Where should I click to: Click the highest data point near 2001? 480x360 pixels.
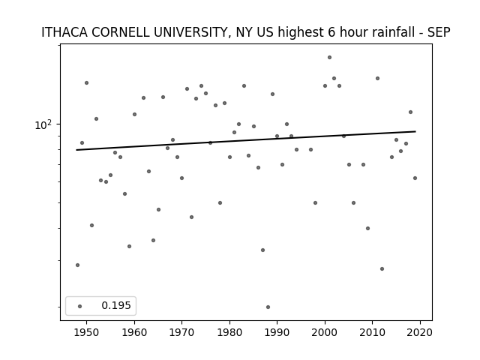pos(329,57)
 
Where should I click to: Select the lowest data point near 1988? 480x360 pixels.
pos(268,307)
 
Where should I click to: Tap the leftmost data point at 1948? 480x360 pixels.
pos(77,265)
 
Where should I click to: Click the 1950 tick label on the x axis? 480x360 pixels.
pos(87,332)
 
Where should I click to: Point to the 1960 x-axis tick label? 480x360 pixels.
pos(134,332)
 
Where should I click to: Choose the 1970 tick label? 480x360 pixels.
pos(181,332)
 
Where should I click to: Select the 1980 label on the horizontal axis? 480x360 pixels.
pos(229,332)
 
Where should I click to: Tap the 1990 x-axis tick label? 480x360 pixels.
pos(277,332)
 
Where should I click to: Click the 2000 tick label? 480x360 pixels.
pos(325,332)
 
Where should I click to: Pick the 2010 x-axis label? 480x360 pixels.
pos(373,332)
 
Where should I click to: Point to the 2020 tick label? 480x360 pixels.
pos(420,332)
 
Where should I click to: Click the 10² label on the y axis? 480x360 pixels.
pos(43,124)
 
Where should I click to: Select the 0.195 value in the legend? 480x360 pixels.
pos(116,305)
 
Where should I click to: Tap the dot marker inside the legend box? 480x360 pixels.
pos(80,306)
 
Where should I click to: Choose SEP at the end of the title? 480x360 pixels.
pos(439,32)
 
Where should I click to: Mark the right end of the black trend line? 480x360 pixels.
pos(415,131)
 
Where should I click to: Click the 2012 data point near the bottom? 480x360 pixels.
pos(382,268)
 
